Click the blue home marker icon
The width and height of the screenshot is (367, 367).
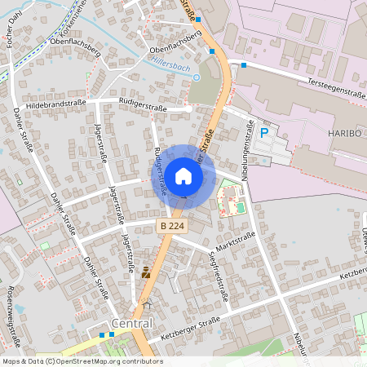183,175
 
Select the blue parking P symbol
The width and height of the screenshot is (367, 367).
263,132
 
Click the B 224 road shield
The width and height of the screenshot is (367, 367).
170,225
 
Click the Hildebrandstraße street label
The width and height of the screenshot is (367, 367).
55,106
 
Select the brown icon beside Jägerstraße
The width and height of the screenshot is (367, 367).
146,272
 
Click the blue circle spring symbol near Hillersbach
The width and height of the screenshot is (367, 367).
196,77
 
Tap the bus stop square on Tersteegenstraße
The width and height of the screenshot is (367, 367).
243,64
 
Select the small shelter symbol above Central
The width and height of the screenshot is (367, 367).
148,304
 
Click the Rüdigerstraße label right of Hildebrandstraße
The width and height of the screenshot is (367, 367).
143,107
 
